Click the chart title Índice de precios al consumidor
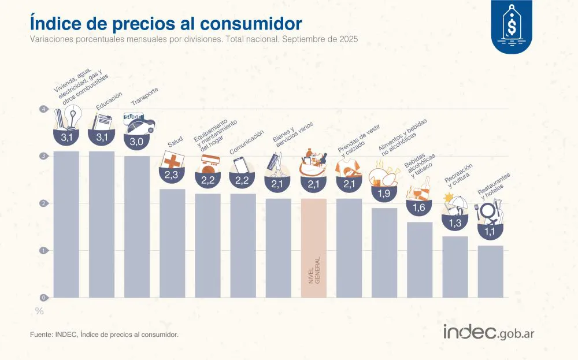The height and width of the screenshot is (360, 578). click(165, 24)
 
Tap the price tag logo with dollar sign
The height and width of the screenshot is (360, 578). click(511, 26)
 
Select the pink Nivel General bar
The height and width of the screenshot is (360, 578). click(314, 248)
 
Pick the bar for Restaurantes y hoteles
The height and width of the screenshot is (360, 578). click(490, 272)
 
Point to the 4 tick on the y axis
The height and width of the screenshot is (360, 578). click(43, 109)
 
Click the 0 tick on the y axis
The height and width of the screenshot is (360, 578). click(43, 298)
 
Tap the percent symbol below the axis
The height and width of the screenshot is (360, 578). click(39, 311)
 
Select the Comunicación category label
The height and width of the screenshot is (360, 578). click(247, 142)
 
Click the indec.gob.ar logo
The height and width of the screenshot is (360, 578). click(488, 332)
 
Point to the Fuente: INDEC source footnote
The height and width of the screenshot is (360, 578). click(104, 335)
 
